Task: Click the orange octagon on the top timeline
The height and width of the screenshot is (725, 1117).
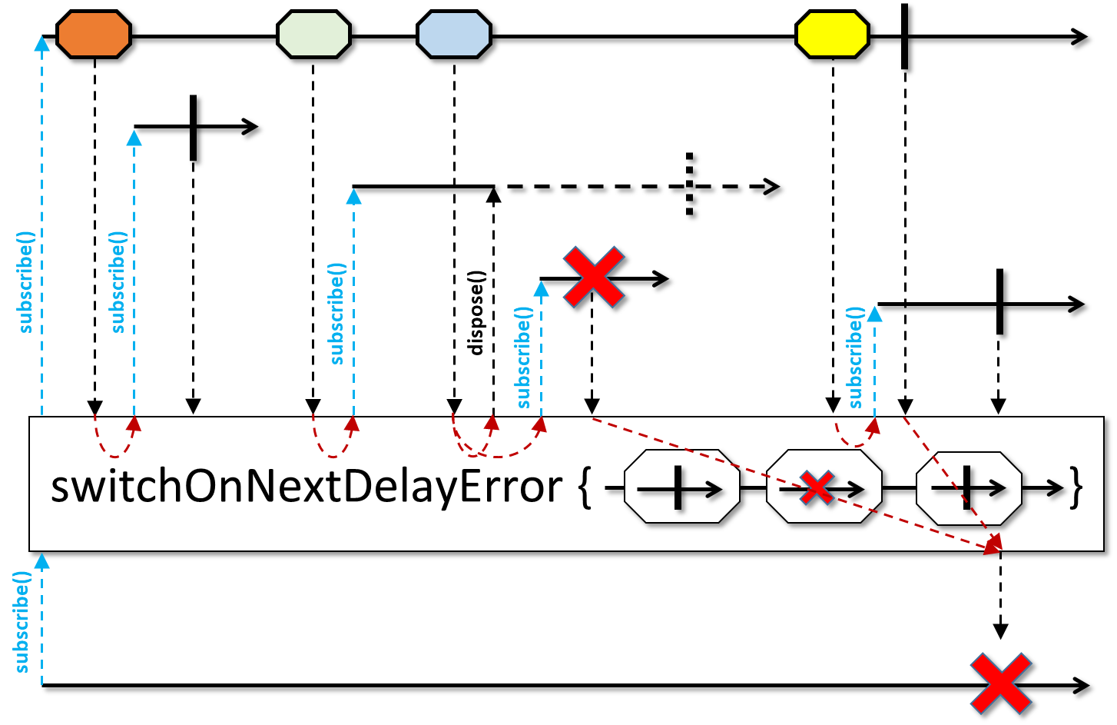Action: (x=94, y=35)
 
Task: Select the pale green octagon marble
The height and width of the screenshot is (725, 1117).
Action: (x=313, y=35)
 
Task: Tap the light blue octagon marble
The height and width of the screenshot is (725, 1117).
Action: (x=453, y=35)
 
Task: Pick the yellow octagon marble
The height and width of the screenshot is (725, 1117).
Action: (x=832, y=35)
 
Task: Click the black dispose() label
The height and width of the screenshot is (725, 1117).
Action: (x=476, y=312)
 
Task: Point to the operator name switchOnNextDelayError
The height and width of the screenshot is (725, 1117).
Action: (x=307, y=486)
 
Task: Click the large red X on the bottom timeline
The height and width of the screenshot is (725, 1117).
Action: (x=1000, y=683)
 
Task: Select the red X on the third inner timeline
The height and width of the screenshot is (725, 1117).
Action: (x=593, y=278)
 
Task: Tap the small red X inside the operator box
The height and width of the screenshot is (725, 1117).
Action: (x=817, y=487)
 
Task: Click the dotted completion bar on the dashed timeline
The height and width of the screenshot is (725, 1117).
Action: (x=689, y=185)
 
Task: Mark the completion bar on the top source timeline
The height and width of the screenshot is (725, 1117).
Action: (x=905, y=35)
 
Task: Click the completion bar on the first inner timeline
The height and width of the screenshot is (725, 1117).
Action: (x=193, y=128)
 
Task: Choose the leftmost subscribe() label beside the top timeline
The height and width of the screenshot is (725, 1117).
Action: (x=25, y=281)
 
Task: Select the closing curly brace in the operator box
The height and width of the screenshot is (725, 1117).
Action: (x=1077, y=487)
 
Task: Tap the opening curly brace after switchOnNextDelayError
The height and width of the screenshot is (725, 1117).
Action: (x=585, y=487)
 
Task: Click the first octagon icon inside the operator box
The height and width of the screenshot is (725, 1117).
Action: (x=681, y=487)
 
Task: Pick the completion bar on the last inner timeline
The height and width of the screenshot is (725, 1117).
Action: (x=999, y=301)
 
